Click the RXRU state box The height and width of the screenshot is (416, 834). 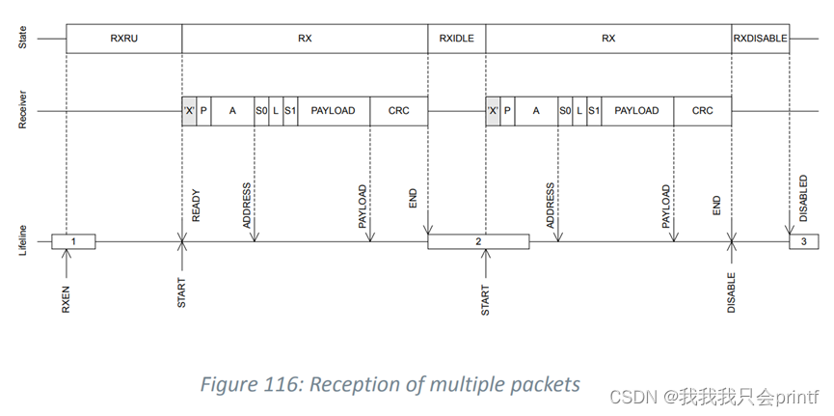coord(123,39)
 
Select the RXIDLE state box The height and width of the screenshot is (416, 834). coord(456,39)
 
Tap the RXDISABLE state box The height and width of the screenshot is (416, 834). coord(760,39)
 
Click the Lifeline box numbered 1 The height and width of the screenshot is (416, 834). coord(73,241)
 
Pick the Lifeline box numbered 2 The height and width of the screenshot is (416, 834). coord(478,241)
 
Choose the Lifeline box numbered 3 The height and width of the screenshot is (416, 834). coord(804,241)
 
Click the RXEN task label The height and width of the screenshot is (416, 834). coord(67,297)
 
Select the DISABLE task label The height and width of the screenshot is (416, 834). coord(731,292)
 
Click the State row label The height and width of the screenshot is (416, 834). coord(22,39)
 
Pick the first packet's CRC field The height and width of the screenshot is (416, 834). coord(398,111)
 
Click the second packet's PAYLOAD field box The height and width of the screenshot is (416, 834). coord(636,111)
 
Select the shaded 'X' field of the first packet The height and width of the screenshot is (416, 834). coord(189,111)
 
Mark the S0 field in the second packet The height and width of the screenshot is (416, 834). coord(565,111)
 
